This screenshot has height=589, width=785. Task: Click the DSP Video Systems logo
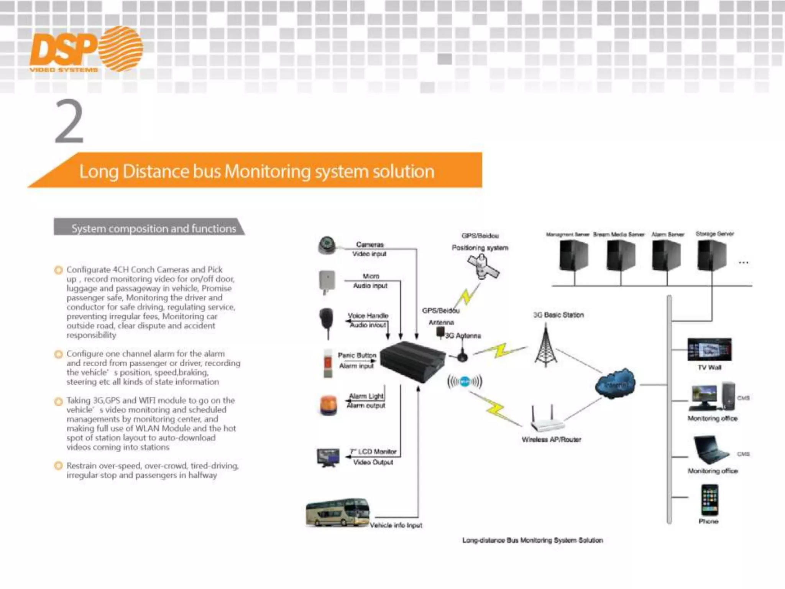point(86,50)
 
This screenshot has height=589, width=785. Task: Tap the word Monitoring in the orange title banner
point(267,171)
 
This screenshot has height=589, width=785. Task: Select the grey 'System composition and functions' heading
point(153,229)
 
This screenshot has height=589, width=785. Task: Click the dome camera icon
point(327,245)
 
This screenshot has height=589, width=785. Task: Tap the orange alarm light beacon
point(328,406)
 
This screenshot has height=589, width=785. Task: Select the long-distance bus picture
point(338,513)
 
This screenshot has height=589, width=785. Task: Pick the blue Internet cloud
point(615,384)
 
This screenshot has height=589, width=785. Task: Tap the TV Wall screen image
point(709,349)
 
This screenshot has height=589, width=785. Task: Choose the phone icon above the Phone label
point(709,500)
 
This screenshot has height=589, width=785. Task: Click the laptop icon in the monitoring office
point(711,450)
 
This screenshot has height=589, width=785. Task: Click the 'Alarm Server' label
point(668,234)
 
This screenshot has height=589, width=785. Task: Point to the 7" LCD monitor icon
point(328,457)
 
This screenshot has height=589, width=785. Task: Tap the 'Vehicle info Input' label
point(396,525)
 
